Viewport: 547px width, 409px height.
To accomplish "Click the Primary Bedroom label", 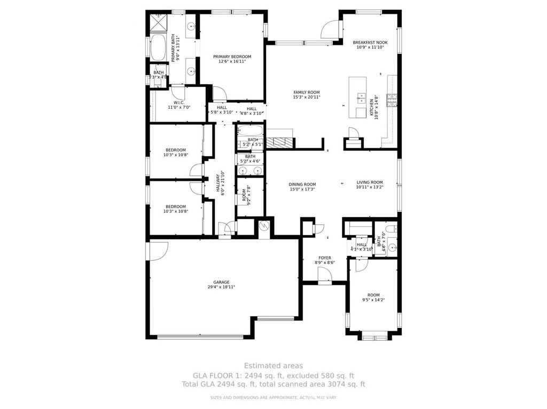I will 232,57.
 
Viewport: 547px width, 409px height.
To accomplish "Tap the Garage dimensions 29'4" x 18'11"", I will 221,287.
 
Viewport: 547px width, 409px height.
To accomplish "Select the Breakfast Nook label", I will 370,43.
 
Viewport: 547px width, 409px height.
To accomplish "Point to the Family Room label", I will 306,92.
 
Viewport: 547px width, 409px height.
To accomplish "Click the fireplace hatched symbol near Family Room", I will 280,142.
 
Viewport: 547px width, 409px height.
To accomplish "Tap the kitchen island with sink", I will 359,98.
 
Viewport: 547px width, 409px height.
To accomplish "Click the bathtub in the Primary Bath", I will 158,49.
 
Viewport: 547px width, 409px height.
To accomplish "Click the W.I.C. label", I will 179,102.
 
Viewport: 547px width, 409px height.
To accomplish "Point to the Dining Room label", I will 302,185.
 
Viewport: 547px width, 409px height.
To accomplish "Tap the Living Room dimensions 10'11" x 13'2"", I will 370,187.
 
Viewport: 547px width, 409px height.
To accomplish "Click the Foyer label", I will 325,258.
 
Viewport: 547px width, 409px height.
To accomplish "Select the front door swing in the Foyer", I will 324,274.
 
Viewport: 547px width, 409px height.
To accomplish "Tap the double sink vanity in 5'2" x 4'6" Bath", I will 250,171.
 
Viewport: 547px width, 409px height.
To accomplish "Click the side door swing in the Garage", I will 159,251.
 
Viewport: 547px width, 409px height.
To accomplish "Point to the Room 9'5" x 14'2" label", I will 373,295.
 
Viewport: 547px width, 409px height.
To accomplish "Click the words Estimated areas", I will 273,366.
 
